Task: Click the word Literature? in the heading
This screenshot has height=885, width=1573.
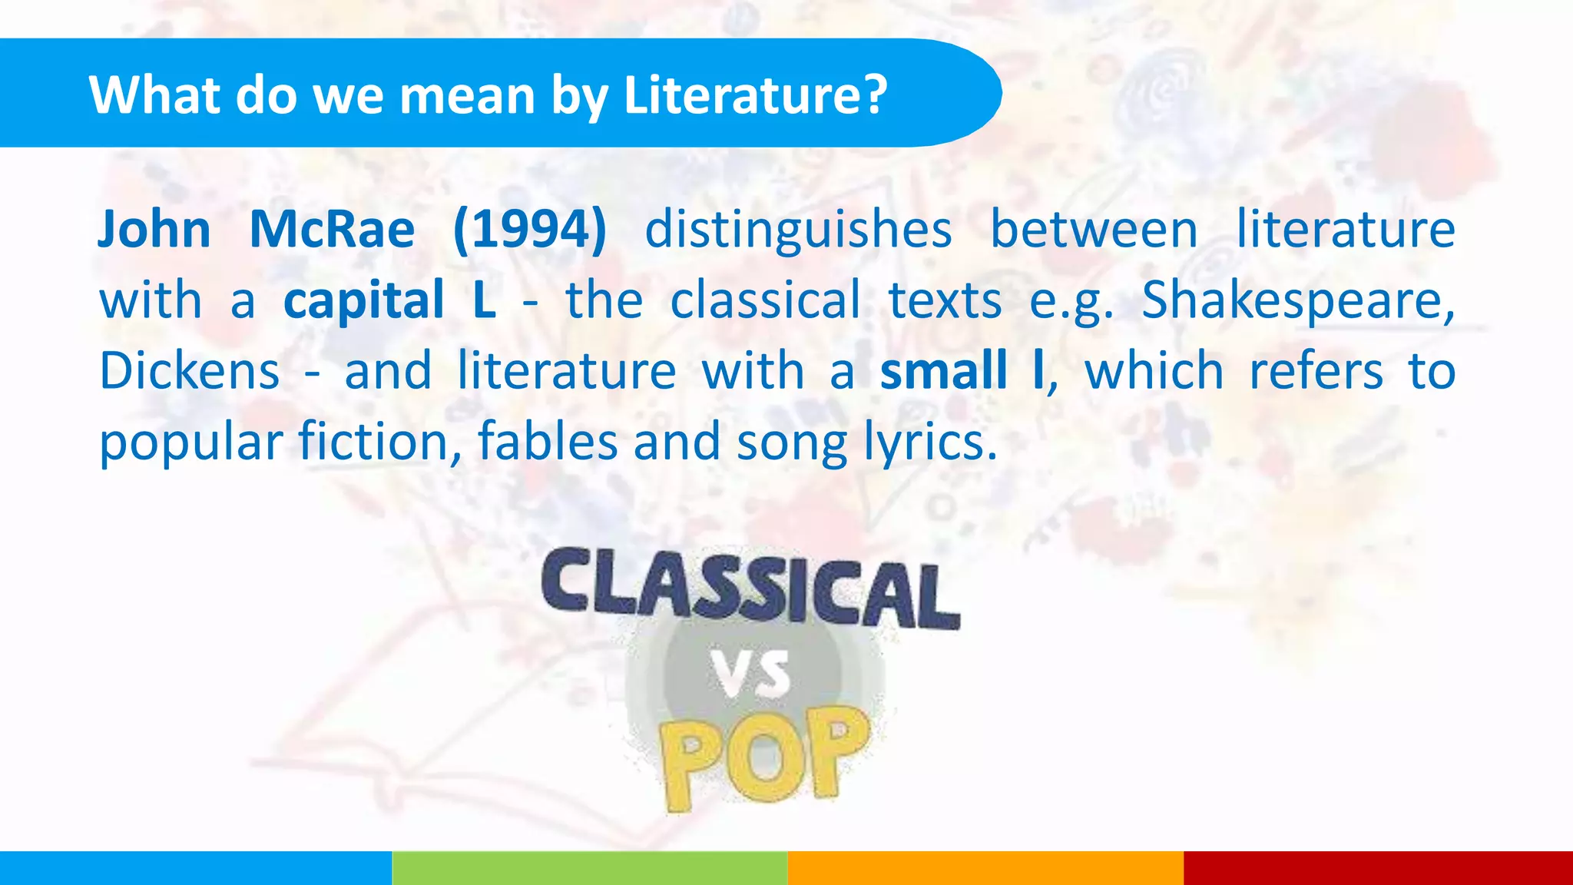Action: click(755, 95)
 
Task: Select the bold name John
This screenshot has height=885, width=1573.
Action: click(154, 230)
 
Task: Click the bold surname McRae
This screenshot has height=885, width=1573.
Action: click(332, 230)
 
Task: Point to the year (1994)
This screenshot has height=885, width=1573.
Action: click(530, 230)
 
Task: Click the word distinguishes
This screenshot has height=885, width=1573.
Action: click(798, 231)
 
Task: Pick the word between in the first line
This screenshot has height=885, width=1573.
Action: click(1094, 230)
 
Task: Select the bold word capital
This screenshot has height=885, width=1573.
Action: click(364, 301)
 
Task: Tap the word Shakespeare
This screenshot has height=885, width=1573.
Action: click(1297, 301)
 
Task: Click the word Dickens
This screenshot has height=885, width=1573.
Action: click(190, 372)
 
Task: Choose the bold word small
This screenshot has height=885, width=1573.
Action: click(943, 370)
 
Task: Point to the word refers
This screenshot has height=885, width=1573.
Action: click(1316, 372)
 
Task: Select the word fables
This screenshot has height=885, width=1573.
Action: click(548, 442)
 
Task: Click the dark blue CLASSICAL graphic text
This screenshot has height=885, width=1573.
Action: click(750, 587)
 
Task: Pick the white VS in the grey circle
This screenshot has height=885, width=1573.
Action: click(750, 675)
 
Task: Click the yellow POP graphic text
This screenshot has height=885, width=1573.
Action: click(765, 757)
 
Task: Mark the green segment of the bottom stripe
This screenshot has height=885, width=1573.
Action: click(589, 868)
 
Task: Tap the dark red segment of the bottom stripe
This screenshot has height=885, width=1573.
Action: click(1378, 868)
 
